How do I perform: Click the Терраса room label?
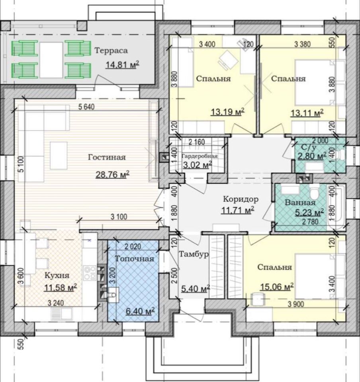111,51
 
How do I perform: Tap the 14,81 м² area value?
122,65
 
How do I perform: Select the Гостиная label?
107,157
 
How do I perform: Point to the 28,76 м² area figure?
112,174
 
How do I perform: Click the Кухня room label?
57,275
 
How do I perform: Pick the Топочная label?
135,259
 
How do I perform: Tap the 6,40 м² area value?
140,311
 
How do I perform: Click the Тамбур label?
194,254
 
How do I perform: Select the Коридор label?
241,199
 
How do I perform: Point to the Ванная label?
300,203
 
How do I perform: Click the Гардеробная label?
200,156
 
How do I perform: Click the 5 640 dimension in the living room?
86,107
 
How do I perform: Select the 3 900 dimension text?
296,304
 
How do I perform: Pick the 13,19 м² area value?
228,112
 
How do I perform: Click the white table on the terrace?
51,60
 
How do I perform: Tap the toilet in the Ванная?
315,191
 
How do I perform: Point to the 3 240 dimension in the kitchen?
56,303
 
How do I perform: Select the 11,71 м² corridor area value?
238,210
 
